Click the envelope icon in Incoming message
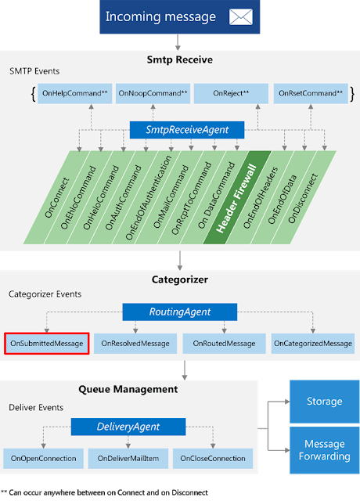click(240, 16)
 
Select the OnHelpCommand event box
click(75, 93)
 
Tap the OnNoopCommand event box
click(153, 93)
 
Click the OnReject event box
click(231, 93)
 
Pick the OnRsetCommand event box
click(311, 93)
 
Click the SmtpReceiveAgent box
click(187, 130)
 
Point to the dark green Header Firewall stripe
click(237, 197)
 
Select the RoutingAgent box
click(180, 312)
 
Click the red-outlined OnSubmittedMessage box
click(47, 344)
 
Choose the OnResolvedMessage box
click(135, 344)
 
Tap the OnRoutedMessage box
click(225, 344)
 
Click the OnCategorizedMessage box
click(313, 344)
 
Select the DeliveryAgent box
click(128, 427)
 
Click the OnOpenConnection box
click(44, 459)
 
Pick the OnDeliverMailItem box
click(128, 459)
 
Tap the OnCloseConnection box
click(213, 459)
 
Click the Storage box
click(325, 402)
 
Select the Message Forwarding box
click(325, 450)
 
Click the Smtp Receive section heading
click(180, 59)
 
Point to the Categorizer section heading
click(180, 279)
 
